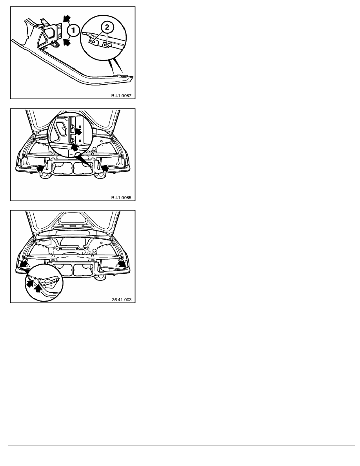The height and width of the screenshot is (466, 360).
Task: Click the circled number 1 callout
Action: (x=73, y=30)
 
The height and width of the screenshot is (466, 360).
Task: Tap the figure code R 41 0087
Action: (x=121, y=96)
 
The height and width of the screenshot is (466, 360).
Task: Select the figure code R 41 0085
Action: (x=121, y=198)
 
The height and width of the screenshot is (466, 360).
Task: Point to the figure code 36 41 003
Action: (x=122, y=300)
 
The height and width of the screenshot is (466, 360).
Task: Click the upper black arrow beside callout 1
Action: (x=65, y=19)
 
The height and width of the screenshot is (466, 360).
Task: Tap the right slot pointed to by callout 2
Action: (x=105, y=44)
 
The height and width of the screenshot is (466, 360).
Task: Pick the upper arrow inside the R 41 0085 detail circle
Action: (x=78, y=131)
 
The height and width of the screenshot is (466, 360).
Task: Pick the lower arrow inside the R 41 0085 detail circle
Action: (x=74, y=147)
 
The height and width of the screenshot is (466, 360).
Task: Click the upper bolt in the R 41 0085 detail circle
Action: (x=72, y=128)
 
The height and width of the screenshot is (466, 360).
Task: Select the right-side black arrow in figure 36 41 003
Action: (x=121, y=264)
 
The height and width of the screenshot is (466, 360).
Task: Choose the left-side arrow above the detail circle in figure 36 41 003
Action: (x=24, y=264)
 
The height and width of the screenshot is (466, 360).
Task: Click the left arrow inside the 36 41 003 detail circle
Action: (x=30, y=283)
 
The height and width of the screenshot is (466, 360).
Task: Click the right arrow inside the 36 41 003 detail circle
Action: (x=38, y=289)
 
